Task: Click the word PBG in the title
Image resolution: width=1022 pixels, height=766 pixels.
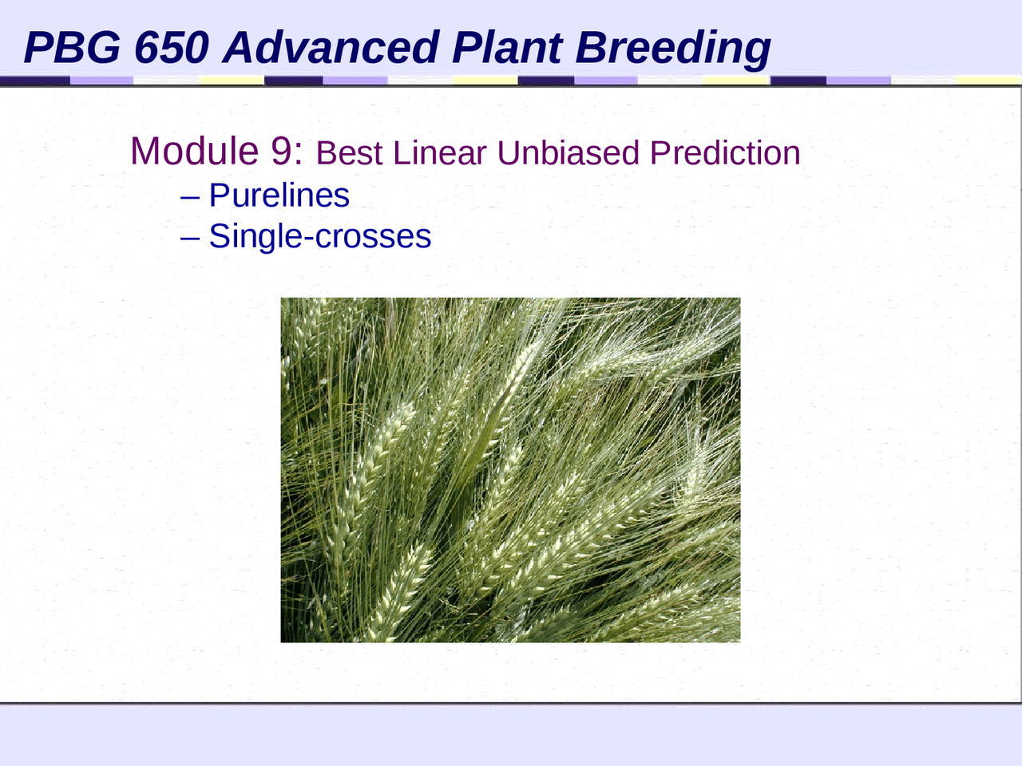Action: point(72,47)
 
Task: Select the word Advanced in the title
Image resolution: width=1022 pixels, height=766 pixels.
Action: point(331,47)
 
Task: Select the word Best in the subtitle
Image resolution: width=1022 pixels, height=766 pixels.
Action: point(350,153)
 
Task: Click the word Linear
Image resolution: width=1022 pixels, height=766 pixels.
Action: point(439,153)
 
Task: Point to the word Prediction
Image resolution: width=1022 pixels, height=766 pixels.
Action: point(725,153)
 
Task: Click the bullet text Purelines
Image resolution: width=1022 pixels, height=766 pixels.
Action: point(279,195)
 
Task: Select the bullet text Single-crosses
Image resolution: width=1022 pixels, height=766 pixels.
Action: point(319,236)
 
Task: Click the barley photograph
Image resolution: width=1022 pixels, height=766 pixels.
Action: point(510,470)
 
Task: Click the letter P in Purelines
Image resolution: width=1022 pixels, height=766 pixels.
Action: point(218,195)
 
